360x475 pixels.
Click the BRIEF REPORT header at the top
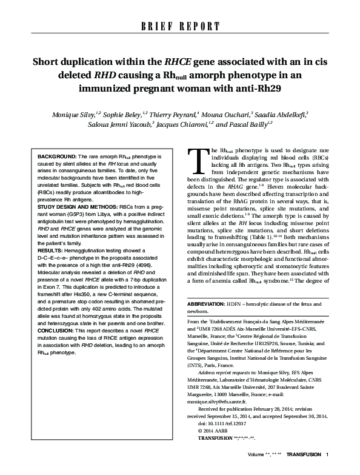tap(180, 26)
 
